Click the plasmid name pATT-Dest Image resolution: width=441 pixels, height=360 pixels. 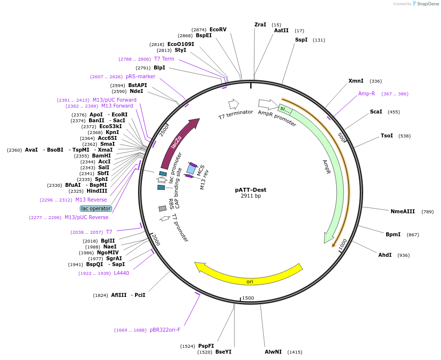tap(251, 190)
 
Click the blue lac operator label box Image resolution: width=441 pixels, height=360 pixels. tap(96, 208)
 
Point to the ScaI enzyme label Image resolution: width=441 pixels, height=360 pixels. tap(376, 112)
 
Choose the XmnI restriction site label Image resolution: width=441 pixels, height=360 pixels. tap(356, 81)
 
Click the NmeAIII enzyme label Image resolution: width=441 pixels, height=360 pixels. tap(402, 211)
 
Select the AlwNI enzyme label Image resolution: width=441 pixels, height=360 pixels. tap(273, 352)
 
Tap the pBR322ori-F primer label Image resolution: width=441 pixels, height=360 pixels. tap(165, 330)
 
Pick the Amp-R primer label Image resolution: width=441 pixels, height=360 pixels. tap(366, 93)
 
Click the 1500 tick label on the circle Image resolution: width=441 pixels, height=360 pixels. tap(248, 298)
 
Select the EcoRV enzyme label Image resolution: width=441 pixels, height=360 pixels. tap(218, 29)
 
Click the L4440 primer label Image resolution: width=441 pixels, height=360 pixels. tap(121, 273)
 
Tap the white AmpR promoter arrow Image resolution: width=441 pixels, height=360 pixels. tap(268, 104)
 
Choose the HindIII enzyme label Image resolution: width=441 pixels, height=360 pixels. tap(97, 191)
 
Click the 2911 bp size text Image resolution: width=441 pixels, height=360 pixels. tap(251, 196)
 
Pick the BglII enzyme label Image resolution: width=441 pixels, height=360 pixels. tap(108, 241)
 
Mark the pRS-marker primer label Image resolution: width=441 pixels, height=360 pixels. tap(140, 76)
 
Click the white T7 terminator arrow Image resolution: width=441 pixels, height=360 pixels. tap(233, 104)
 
